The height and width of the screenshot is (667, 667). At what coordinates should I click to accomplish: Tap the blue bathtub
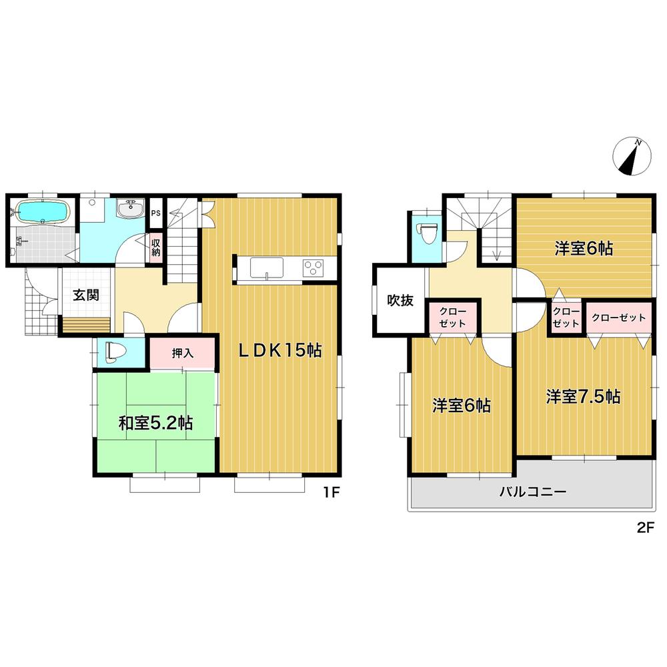(x=41, y=212)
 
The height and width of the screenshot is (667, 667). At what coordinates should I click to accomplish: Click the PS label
(x=155, y=213)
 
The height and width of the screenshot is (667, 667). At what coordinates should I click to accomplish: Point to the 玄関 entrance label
(x=86, y=295)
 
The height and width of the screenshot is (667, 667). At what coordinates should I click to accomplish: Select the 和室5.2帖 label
(x=156, y=423)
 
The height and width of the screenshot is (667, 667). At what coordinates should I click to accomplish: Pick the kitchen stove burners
(x=313, y=268)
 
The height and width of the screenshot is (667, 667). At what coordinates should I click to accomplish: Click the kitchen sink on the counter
(x=266, y=269)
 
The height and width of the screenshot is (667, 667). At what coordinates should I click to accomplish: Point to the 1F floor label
(x=331, y=494)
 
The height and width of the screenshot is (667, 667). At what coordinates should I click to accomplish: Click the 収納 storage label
(x=155, y=247)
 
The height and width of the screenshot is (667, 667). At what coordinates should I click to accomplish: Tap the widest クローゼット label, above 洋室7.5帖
(x=619, y=317)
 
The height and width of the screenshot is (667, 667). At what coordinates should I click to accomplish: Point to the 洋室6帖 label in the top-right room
(x=584, y=249)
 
